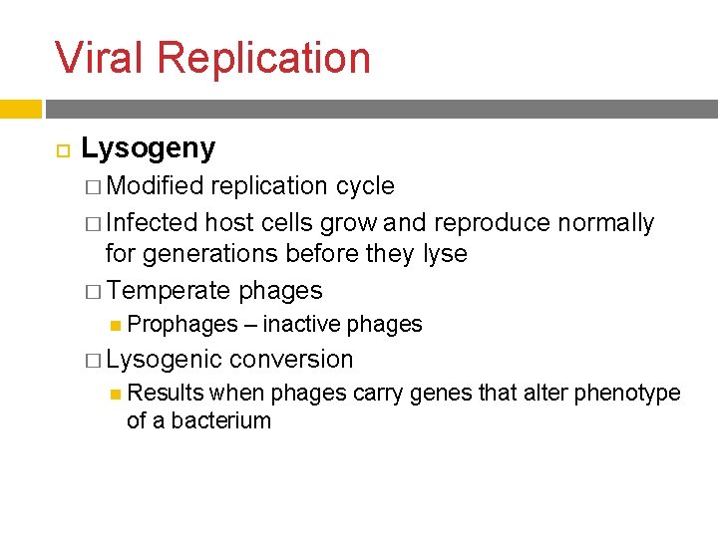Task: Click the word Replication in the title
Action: point(263,59)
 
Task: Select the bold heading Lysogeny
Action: point(148,149)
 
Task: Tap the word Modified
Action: point(155,186)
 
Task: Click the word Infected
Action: point(151,222)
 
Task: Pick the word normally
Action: point(605,223)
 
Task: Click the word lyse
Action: point(445,255)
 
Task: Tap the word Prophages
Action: point(183,325)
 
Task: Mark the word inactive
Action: point(302,325)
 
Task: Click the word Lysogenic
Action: point(164,360)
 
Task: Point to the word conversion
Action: point(291,360)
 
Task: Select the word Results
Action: point(167,394)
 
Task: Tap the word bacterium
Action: point(220,420)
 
